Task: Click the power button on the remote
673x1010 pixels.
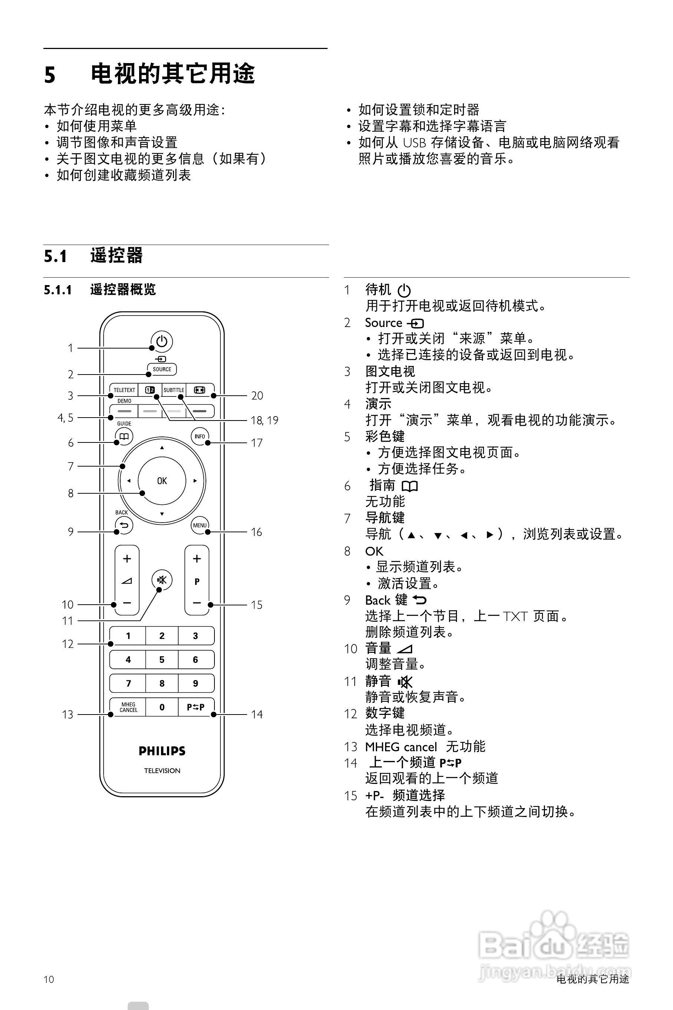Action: (162, 341)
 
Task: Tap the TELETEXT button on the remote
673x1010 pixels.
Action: (124, 390)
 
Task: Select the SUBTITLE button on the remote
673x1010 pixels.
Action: (174, 390)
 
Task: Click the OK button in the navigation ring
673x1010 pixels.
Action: (162, 481)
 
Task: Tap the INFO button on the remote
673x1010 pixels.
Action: (200, 436)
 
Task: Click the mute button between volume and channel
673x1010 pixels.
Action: (162, 580)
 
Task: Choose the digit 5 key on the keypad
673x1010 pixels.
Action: (162, 660)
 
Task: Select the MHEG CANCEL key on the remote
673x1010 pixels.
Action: (128, 707)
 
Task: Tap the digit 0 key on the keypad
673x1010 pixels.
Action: (162, 707)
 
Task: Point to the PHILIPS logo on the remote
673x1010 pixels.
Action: (162, 751)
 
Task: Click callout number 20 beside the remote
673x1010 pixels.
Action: (257, 395)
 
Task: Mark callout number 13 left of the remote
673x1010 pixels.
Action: (68, 715)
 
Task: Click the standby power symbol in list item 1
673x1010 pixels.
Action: (404, 291)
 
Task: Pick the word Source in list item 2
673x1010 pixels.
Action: (383, 323)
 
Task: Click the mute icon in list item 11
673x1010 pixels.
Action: (405, 681)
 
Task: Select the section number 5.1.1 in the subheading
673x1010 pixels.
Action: (58, 290)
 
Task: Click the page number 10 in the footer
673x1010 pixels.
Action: (49, 979)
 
